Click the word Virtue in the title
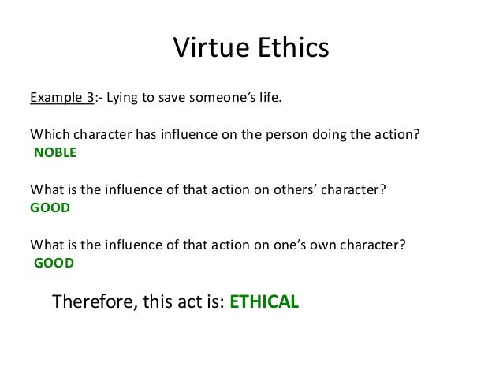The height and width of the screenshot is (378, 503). [207, 48]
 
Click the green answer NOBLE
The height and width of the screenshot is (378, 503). [54, 153]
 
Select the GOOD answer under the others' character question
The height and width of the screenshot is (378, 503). [50, 208]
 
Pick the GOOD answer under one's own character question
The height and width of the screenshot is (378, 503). [54, 264]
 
